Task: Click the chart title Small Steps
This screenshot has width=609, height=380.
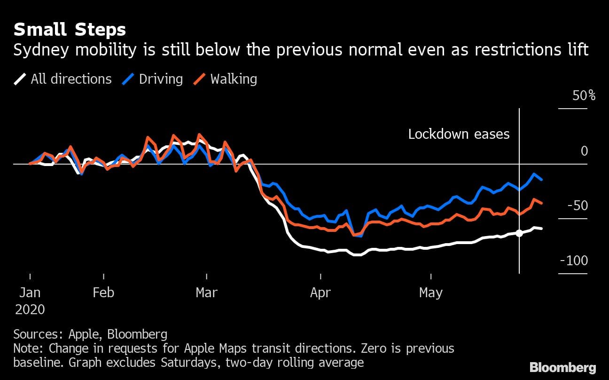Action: tap(70, 30)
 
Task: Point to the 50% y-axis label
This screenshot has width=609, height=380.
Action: tap(584, 96)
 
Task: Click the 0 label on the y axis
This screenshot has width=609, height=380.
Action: tap(584, 151)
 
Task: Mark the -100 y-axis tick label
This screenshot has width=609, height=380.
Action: tap(574, 261)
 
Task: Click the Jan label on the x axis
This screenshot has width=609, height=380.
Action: tap(30, 293)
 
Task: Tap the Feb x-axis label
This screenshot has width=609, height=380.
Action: tap(103, 293)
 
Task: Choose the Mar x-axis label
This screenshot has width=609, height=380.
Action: tap(207, 293)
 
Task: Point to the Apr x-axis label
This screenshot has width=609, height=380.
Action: tap(320, 293)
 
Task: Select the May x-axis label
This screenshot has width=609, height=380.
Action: tap(431, 293)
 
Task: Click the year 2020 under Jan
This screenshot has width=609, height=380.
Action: tap(30, 309)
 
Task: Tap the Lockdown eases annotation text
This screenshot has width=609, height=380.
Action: tap(459, 134)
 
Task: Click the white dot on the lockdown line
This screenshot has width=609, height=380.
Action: tap(519, 233)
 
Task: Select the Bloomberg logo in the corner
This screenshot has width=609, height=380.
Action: tap(563, 367)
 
